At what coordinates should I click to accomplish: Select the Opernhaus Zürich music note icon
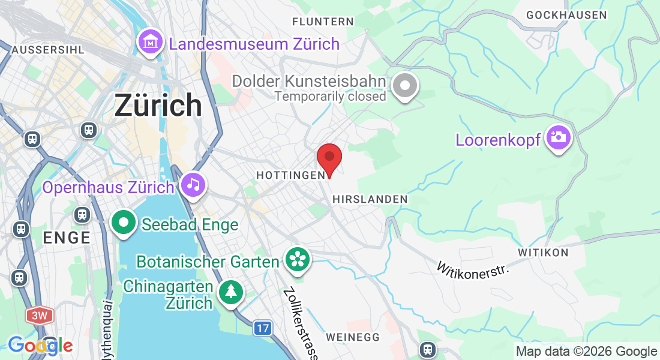193,184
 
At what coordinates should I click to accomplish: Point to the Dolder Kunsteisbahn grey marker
405,86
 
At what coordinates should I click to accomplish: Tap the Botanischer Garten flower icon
297,259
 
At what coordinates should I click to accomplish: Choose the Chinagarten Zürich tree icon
231,292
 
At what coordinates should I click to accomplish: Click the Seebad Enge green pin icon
124,223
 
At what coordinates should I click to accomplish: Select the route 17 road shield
262,328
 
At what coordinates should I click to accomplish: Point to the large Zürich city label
158,106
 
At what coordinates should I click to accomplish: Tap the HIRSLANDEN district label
370,199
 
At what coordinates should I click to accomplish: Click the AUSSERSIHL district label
47,49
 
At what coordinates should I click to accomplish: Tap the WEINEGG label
353,337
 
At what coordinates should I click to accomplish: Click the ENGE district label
67,238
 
